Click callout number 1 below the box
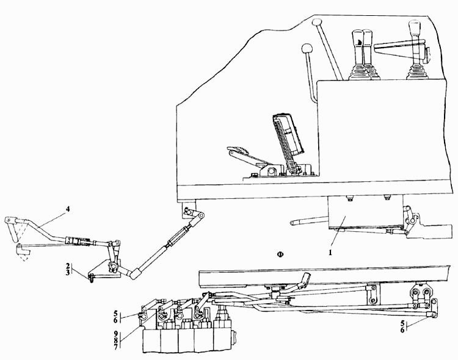tap(330, 253)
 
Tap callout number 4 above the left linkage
tap(68, 209)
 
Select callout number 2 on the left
tap(68, 266)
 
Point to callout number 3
tap(68, 272)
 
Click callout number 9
tap(116, 334)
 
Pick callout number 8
tap(116, 340)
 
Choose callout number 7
tap(116, 347)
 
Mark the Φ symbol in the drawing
tap(280, 254)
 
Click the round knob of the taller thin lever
tap(316, 22)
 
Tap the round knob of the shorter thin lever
tap(307, 48)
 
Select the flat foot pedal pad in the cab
tap(238, 149)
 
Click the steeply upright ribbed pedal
tap(289, 137)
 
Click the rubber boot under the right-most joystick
tap(415, 72)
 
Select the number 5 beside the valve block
tap(116, 314)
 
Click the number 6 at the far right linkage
tap(402, 330)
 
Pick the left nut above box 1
tap(349, 198)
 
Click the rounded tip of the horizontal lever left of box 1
tap(292, 223)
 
